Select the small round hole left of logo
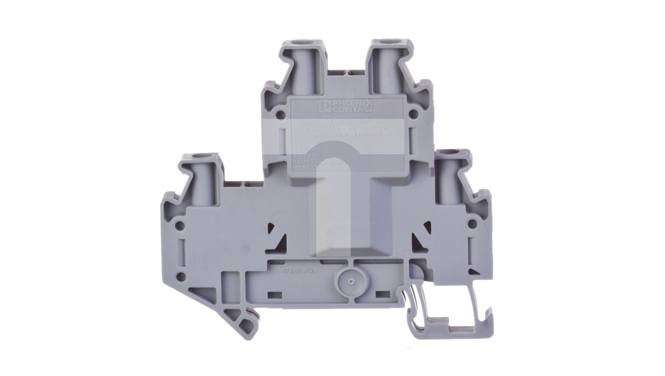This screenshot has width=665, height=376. [280, 116]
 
